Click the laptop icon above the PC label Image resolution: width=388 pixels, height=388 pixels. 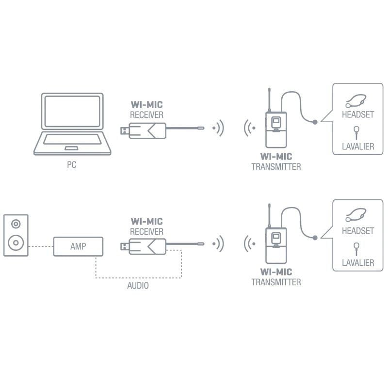pyautogui.click(x=71, y=124)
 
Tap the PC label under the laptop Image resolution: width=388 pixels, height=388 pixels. pyautogui.click(x=71, y=165)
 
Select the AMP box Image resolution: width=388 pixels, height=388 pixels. pyautogui.click(x=78, y=246)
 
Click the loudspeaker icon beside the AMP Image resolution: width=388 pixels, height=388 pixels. pyautogui.click(x=16, y=235)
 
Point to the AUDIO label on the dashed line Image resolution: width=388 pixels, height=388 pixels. pyautogui.click(x=138, y=286)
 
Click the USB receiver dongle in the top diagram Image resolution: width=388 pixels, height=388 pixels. pyautogui.click(x=145, y=129)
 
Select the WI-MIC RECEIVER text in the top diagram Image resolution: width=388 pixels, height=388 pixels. pyautogui.click(x=147, y=109)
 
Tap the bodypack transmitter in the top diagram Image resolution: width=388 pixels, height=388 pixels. pyautogui.click(x=275, y=129)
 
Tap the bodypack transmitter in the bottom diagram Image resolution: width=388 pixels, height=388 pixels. pyautogui.click(x=275, y=245)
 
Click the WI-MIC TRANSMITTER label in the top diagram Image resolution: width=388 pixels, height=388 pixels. pyautogui.click(x=276, y=162)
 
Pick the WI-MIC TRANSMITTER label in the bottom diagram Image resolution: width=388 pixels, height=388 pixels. pyautogui.click(x=276, y=277)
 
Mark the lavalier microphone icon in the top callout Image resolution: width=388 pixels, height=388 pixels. pyautogui.click(x=356, y=131)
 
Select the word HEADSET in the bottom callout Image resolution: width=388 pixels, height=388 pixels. pyautogui.click(x=357, y=231)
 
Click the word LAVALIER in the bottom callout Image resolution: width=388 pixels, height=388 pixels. pyautogui.click(x=357, y=262)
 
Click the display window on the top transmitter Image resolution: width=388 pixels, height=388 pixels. pyautogui.click(x=276, y=121)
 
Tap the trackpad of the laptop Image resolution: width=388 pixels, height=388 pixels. pyautogui.click(x=71, y=147)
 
